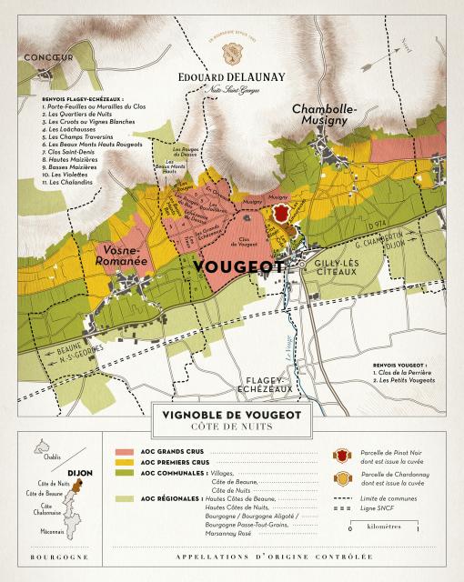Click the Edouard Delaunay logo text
click(x=232, y=51)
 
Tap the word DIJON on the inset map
click(x=81, y=473)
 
